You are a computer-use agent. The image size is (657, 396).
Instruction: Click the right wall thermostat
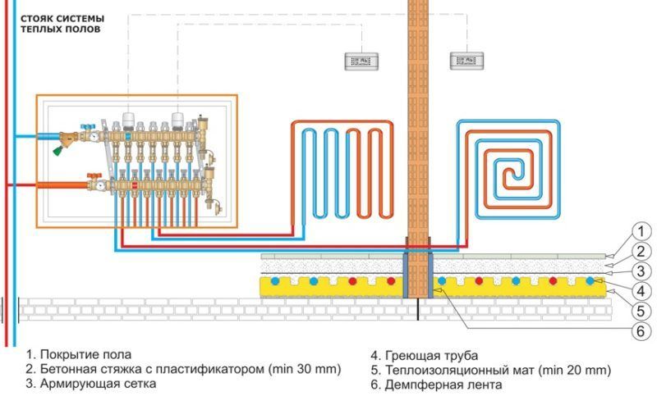(x=466, y=61)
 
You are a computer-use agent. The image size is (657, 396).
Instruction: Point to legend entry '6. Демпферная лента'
(x=431, y=383)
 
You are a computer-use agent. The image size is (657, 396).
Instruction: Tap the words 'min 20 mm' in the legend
(x=576, y=369)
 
